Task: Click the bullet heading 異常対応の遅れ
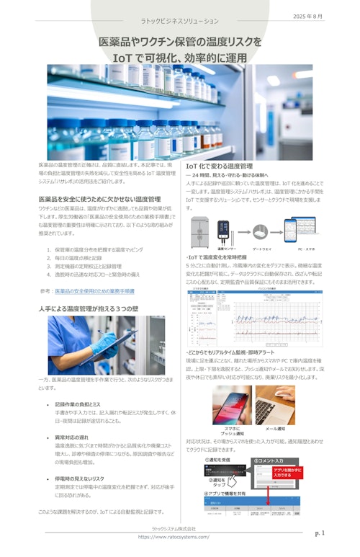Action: click(x=73, y=437)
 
